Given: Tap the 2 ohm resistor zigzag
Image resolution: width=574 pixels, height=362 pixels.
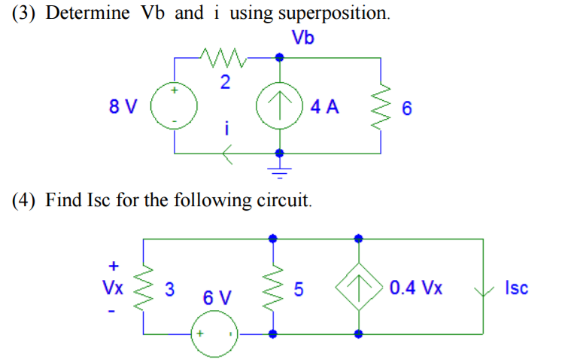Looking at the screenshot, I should click(x=224, y=56).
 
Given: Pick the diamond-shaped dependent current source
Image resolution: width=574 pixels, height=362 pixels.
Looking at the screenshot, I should click(x=359, y=287).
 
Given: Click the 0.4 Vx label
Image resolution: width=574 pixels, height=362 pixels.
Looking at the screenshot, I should click(x=417, y=287).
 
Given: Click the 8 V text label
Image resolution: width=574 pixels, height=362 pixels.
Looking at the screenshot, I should click(x=123, y=106).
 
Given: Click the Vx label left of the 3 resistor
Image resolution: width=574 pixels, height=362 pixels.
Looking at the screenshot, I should click(x=113, y=287).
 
